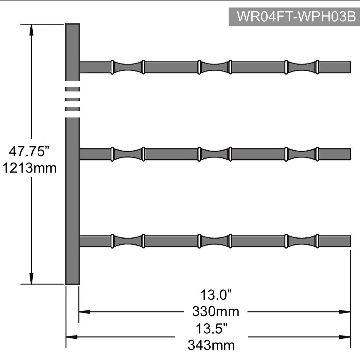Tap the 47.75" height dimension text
(29, 151)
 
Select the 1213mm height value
(29, 168)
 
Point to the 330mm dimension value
(216, 312)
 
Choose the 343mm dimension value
(211, 345)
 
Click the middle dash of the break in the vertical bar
(72, 99)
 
